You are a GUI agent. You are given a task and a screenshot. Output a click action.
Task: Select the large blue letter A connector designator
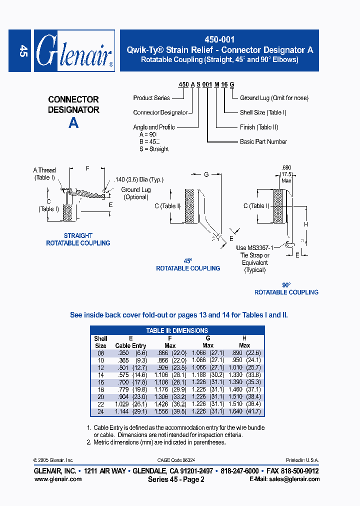click(73, 123)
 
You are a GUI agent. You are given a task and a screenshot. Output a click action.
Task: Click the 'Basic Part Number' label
click(263, 142)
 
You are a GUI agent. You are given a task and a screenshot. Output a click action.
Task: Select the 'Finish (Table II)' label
click(258, 127)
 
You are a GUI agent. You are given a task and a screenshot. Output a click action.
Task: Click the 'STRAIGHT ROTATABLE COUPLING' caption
click(78, 239)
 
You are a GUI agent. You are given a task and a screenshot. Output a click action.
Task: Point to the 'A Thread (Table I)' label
click(44, 173)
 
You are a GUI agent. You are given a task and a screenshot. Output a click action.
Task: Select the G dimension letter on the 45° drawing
click(205, 174)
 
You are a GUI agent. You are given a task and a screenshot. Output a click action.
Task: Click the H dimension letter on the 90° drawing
click(306, 224)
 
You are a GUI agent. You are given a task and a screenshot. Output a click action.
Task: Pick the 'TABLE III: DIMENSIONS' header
click(177, 330)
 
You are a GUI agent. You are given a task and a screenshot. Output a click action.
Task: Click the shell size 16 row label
click(100, 381)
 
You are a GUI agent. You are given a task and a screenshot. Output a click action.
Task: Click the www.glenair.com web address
click(57, 479)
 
